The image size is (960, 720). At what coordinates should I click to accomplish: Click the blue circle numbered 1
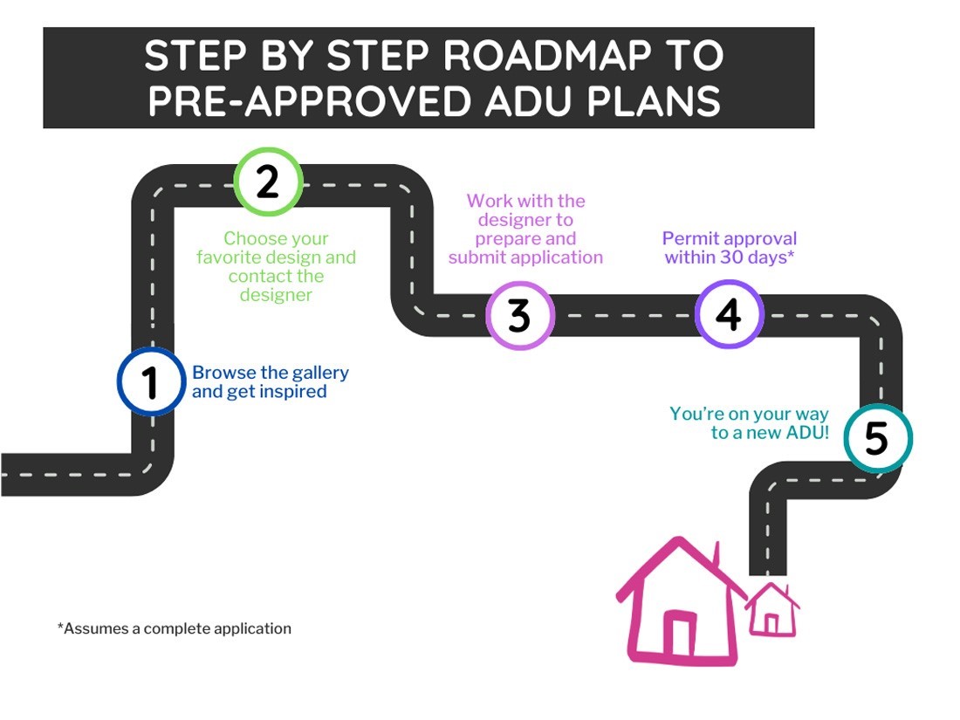tap(152, 381)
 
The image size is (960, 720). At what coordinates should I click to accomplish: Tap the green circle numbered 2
tap(268, 181)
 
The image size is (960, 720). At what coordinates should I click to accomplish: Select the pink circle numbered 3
tap(519, 315)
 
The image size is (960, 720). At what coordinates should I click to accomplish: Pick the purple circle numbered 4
tap(729, 313)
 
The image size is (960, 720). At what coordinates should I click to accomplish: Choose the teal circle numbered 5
tap(876, 439)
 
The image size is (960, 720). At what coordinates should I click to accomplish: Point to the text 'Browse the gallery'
tap(271, 373)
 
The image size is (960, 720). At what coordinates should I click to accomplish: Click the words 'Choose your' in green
tap(276, 238)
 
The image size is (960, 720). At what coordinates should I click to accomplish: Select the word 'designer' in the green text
tap(276, 295)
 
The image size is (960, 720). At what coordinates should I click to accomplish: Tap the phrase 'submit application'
tap(525, 257)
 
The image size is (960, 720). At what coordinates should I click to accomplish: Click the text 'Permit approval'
tap(730, 238)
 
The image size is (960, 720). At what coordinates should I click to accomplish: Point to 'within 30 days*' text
tap(730, 257)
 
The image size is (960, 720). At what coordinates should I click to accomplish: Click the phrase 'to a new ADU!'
tap(770, 432)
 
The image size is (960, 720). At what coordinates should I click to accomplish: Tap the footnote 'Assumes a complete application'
tap(178, 628)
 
